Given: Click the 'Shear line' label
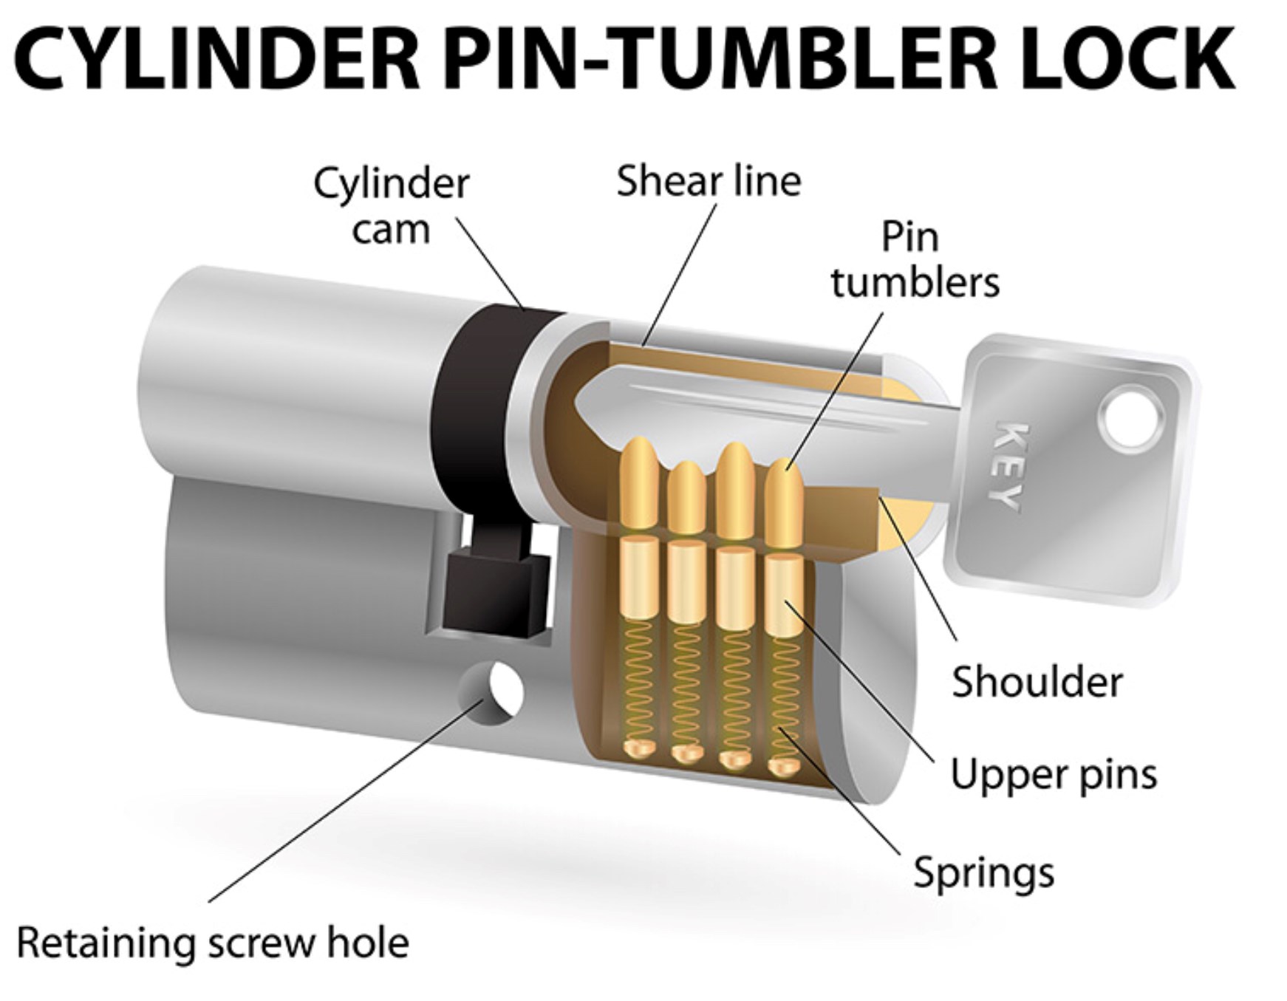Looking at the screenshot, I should tap(709, 181).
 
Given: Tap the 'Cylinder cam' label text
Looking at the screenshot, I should tap(391, 206).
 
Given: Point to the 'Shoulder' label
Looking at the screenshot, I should tap(1037, 682).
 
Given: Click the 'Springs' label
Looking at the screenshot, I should tap(983, 873).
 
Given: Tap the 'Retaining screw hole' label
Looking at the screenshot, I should tap(213, 943).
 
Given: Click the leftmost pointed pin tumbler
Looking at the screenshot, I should tap(639, 484).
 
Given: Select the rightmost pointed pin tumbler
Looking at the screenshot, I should tap(783, 502).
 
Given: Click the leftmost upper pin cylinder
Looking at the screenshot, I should tap(639, 578).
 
